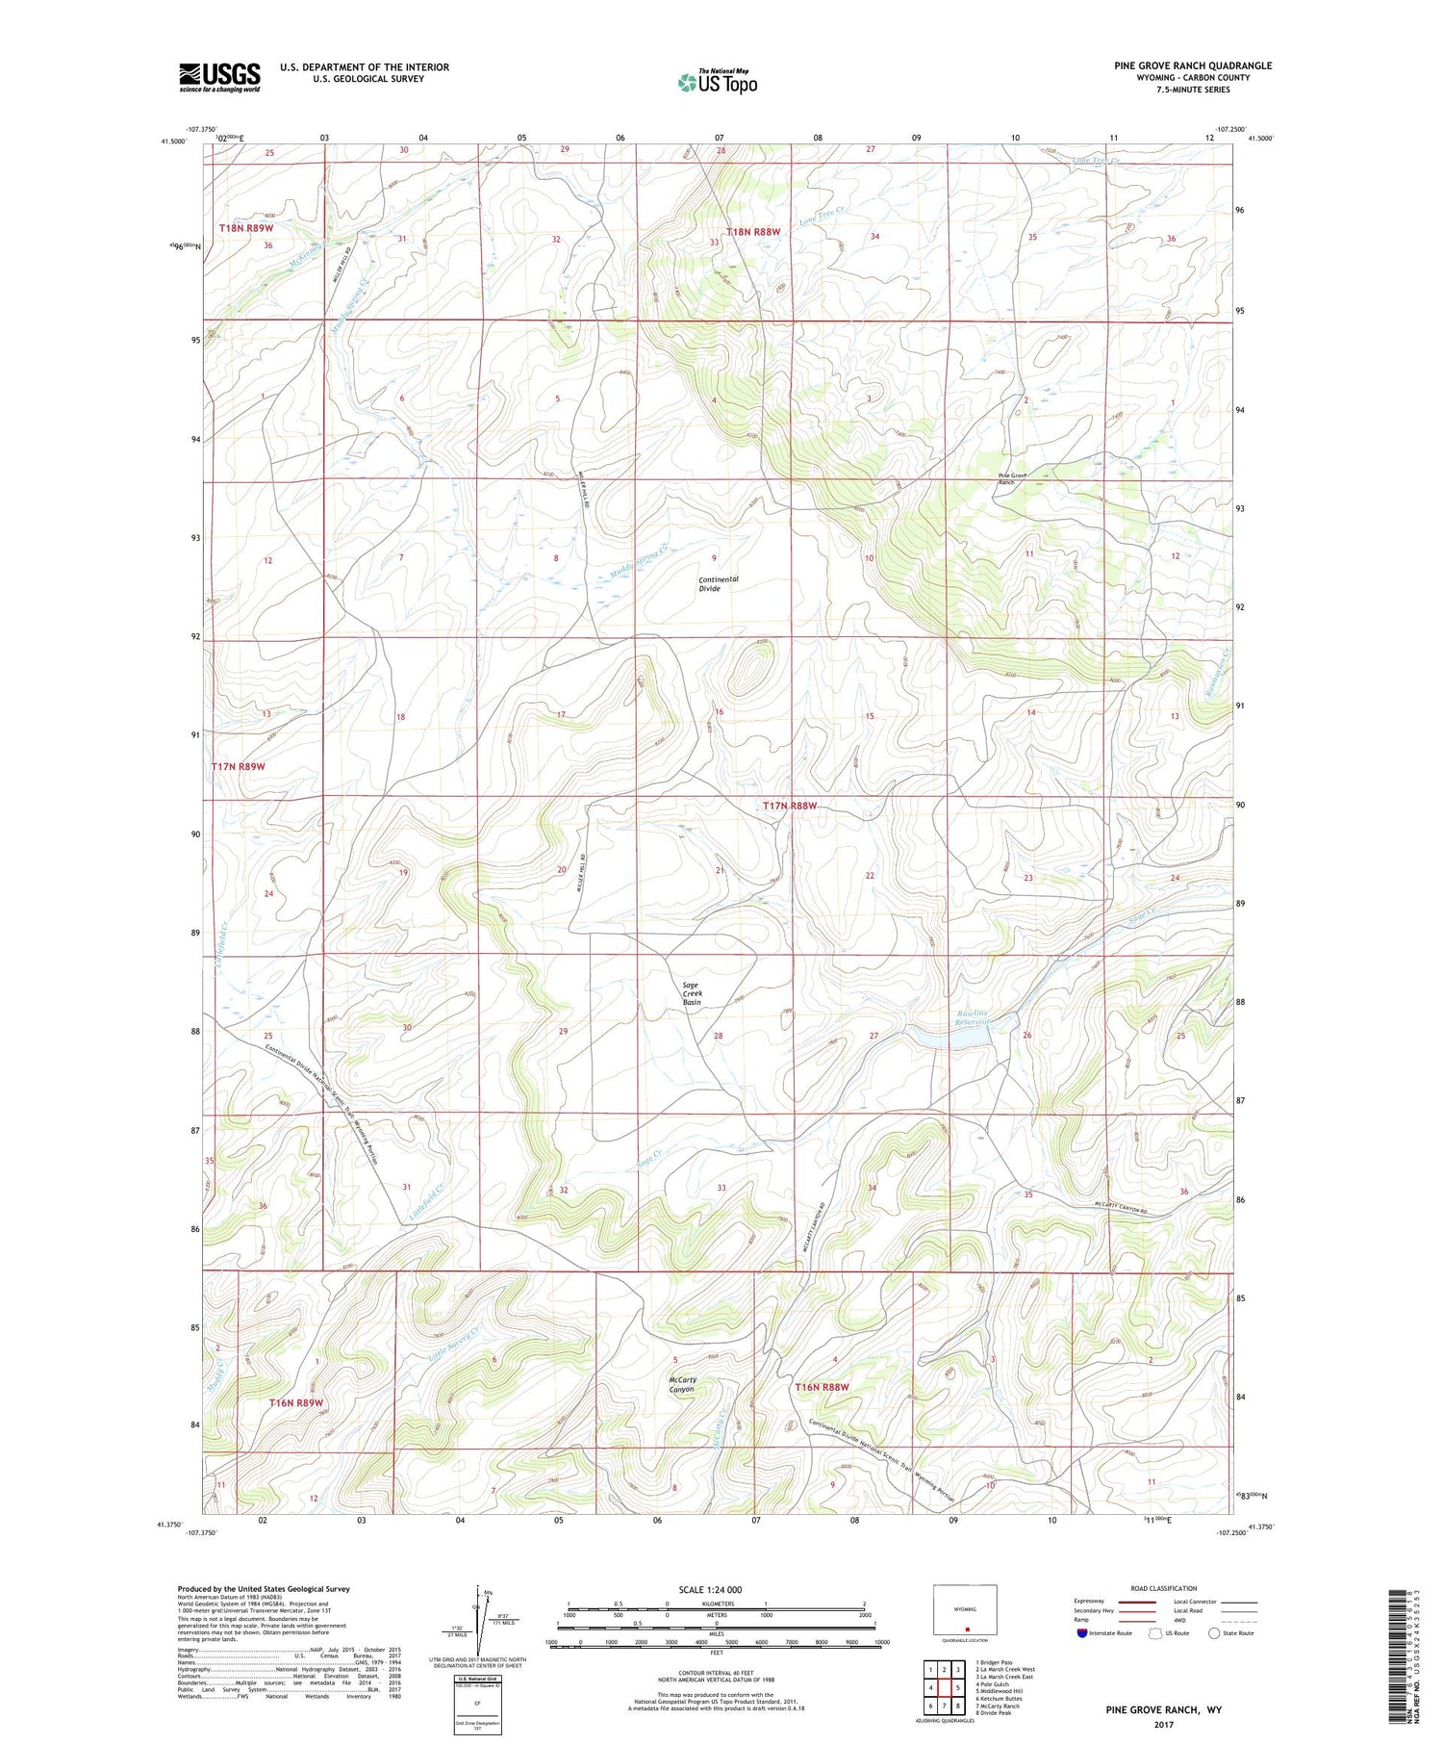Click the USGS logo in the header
coord(219,77)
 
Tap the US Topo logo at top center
coord(717,82)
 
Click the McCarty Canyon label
coord(682,1384)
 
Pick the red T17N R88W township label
coord(796,806)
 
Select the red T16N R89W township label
coord(295,1403)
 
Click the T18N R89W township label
coord(245,228)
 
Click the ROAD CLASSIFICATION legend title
coord(1164,1588)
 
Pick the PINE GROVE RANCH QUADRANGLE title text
coord(1193,65)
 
